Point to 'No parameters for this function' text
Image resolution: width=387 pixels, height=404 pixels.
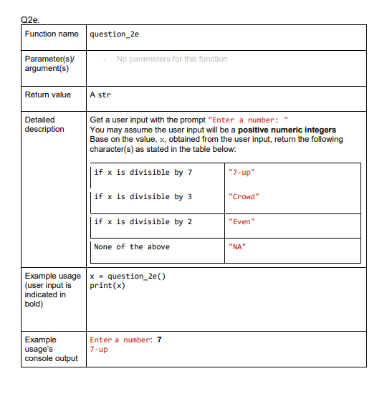(x=172, y=59)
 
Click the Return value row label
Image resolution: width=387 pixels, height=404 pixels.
(x=48, y=95)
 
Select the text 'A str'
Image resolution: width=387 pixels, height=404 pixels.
(x=100, y=95)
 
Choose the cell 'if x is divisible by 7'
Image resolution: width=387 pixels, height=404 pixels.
(x=143, y=172)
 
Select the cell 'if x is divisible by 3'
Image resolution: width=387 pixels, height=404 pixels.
(x=143, y=196)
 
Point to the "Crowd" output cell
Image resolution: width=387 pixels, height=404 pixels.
(x=243, y=196)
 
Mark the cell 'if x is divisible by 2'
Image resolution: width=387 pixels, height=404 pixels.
(x=143, y=221)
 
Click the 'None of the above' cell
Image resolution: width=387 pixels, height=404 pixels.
(x=133, y=246)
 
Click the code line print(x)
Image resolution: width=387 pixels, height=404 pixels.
(x=107, y=286)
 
